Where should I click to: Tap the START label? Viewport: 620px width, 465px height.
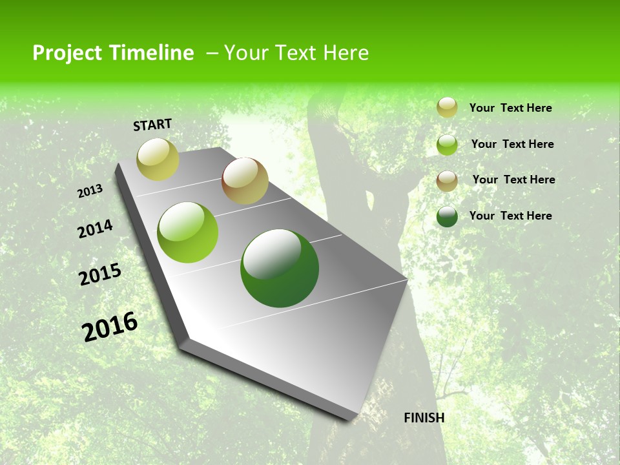[152, 125]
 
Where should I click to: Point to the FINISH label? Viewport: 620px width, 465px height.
[424, 418]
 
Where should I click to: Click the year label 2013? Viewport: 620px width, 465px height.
[90, 191]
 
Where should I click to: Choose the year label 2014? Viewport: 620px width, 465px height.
[95, 229]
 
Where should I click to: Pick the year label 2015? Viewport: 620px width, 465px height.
[100, 274]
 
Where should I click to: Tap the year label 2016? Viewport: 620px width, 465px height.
[110, 326]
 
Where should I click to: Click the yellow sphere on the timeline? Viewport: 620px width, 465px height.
[158, 159]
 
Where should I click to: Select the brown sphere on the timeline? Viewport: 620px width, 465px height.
[245, 181]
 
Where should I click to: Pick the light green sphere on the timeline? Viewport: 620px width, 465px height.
[188, 232]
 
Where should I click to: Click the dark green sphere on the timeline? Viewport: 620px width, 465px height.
[280, 268]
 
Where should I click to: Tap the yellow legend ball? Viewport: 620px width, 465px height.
[447, 108]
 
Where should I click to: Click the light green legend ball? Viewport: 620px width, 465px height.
[447, 145]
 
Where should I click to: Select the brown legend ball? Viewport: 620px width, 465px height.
[447, 180]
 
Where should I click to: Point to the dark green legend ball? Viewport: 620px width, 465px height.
[447, 216]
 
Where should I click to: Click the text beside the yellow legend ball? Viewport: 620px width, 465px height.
[510, 108]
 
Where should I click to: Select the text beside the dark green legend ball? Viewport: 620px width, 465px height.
[510, 216]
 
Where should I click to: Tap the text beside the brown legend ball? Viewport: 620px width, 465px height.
[513, 180]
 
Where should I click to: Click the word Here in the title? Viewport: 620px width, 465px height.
[346, 53]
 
